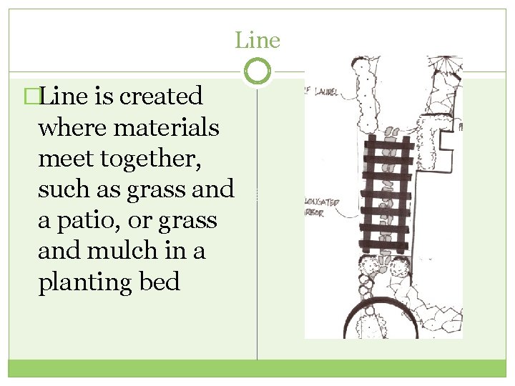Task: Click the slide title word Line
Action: (257, 41)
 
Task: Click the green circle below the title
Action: (257, 71)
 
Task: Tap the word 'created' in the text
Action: (161, 96)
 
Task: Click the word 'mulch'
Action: (135, 252)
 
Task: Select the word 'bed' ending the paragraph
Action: (160, 282)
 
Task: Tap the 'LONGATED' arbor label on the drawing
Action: (323, 203)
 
